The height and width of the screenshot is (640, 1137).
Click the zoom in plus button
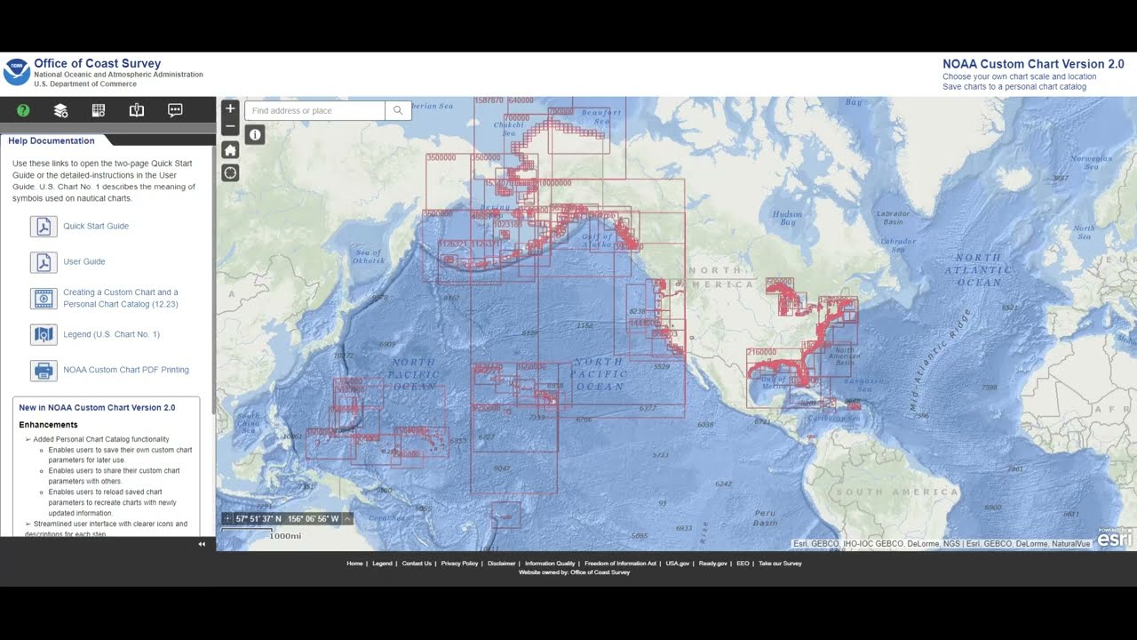pyautogui.click(x=230, y=108)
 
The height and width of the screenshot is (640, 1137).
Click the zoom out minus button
pyautogui.click(x=230, y=126)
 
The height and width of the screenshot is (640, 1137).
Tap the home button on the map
pyautogui.click(x=230, y=149)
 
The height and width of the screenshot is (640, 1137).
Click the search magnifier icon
pyautogui.click(x=398, y=111)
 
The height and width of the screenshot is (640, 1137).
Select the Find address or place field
pyautogui.click(x=314, y=111)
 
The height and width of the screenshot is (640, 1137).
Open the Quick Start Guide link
pyautogui.click(x=96, y=226)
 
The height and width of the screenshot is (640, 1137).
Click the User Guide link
pyautogui.click(x=84, y=261)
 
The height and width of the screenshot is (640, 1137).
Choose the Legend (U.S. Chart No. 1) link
pyautogui.click(x=111, y=334)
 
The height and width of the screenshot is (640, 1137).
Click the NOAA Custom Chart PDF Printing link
pyautogui.click(x=126, y=370)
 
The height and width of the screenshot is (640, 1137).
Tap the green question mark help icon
pyautogui.click(x=23, y=110)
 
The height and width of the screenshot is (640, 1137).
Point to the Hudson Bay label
pyautogui.click(x=788, y=218)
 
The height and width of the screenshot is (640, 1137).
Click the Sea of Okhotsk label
pyautogui.click(x=369, y=257)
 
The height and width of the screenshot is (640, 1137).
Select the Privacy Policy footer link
pyautogui.click(x=459, y=564)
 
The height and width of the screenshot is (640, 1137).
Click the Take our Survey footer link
pyautogui.click(x=780, y=564)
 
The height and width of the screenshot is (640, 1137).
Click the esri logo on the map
pyautogui.click(x=1115, y=537)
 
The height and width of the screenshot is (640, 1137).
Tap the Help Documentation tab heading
pyautogui.click(x=52, y=140)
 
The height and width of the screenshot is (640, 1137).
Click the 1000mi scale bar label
pyautogui.click(x=285, y=536)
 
